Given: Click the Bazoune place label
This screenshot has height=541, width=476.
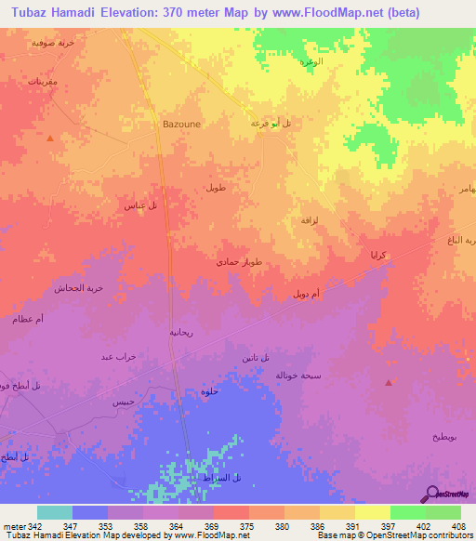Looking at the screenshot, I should coord(181,123).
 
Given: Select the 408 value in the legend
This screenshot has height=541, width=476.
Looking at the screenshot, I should coord(458,526).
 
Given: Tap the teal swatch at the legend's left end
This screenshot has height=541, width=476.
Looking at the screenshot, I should coord(55,512).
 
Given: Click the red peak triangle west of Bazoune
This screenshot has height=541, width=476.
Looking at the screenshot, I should coord(50,138).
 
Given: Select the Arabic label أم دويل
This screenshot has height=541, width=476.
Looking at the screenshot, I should coord(307,294).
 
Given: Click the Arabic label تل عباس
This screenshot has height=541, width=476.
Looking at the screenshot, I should coord(139,205).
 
